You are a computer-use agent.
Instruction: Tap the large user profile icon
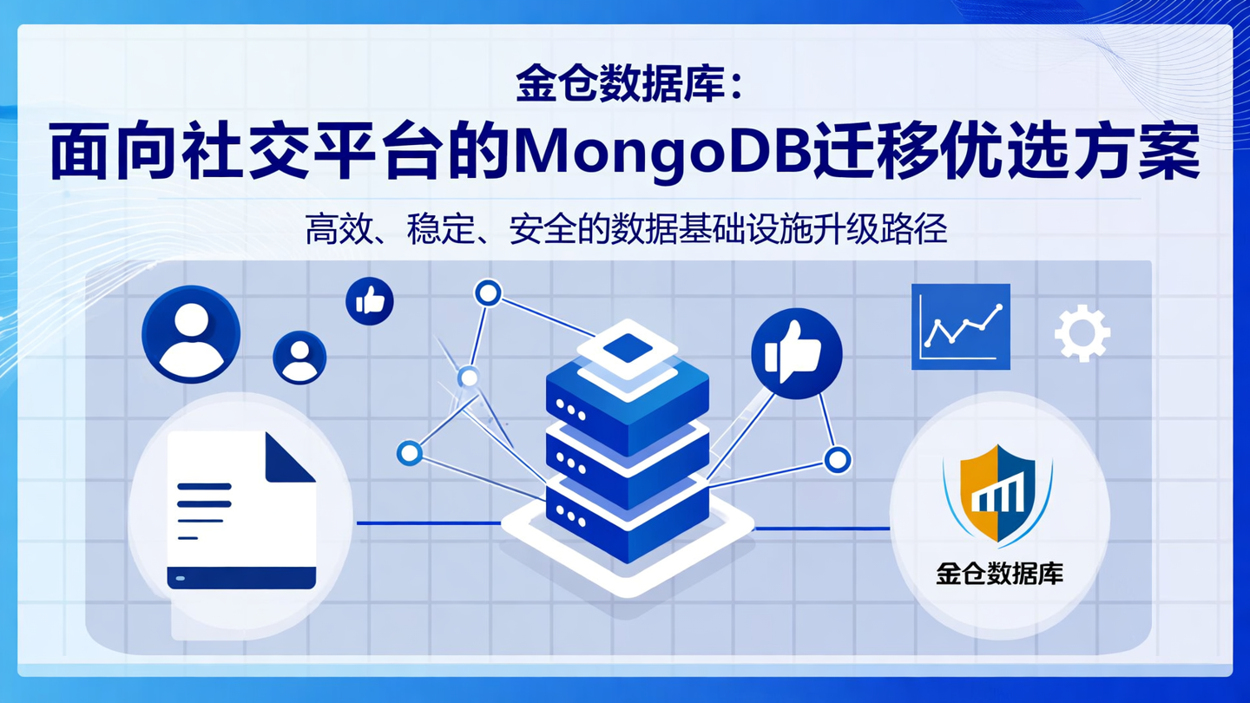190,334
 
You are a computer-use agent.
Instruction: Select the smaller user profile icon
299,358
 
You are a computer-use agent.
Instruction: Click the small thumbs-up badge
370,301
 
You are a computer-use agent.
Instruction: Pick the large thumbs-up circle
796,353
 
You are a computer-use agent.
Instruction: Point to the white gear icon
1082,333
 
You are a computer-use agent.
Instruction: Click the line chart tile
960,327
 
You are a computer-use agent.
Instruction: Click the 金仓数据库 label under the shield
999,574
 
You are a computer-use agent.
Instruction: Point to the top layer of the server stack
627,351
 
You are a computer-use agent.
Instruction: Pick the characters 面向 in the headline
106,154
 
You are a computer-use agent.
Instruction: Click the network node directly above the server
488,292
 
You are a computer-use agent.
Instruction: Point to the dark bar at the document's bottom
241,577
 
